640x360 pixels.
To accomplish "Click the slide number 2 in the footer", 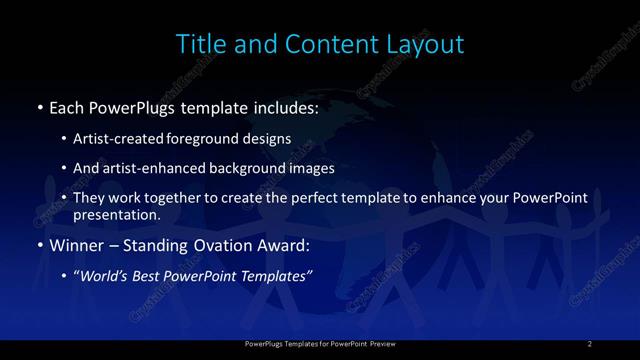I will coord(590,344).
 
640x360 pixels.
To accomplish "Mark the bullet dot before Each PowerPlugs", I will coord(38,106).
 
